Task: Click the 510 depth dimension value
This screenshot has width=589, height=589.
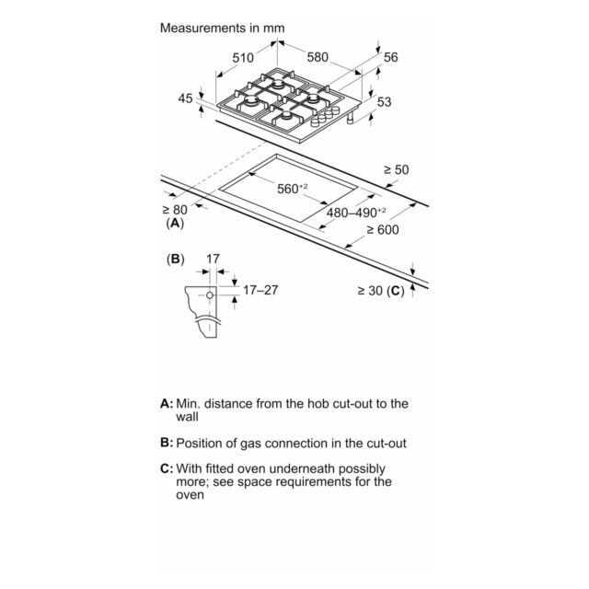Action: click(243, 58)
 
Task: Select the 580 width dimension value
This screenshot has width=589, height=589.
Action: click(318, 57)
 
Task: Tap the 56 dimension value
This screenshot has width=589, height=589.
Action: click(390, 57)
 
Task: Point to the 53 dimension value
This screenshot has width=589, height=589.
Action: click(384, 102)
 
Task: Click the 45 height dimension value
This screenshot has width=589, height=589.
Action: click(185, 98)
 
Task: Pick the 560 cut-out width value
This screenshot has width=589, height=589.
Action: click(293, 188)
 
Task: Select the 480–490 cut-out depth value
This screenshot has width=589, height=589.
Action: click(356, 213)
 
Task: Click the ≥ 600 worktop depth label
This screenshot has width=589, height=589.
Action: click(383, 229)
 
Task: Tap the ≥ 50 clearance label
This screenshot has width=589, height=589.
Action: click(396, 169)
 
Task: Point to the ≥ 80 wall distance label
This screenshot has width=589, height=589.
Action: click(175, 210)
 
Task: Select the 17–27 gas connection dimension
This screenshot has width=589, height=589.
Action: click(260, 290)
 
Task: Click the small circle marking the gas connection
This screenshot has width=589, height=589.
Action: click(210, 295)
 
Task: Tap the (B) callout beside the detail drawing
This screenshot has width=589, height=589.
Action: click(176, 260)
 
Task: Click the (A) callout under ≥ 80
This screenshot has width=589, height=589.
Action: click(175, 223)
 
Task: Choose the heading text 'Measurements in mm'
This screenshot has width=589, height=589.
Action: click(223, 28)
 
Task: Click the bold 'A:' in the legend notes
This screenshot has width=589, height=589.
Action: click(167, 403)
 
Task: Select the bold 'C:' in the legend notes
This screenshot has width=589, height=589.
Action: click(167, 468)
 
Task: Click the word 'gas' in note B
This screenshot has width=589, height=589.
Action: click(251, 444)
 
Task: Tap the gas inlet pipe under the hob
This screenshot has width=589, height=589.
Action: click(351, 119)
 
